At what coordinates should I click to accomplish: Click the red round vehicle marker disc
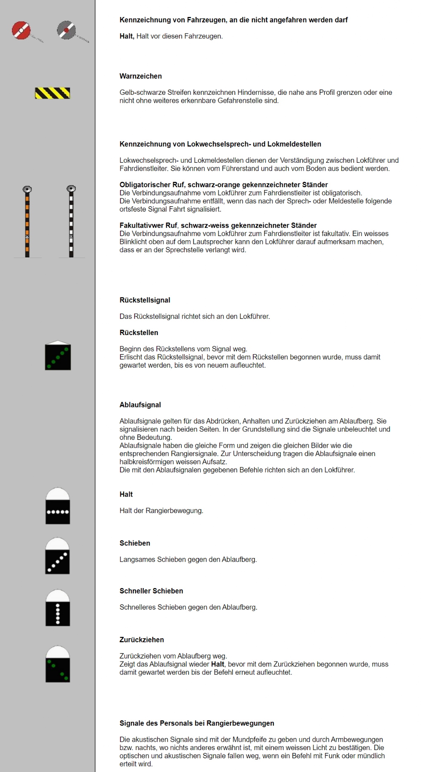click(21, 30)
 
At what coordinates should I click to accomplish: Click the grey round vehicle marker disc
click(66, 30)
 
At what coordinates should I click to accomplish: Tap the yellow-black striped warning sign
click(52, 93)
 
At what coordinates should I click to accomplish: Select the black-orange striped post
click(27, 222)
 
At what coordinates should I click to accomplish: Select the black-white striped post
click(71, 222)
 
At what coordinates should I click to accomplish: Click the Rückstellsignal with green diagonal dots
click(58, 356)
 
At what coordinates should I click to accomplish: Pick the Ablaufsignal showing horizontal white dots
click(57, 507)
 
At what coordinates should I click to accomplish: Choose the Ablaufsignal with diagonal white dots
click(57, 556)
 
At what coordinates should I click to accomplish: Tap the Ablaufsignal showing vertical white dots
click(57, 608)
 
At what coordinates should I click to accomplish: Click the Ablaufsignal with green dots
click(57, 664)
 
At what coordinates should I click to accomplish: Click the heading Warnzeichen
click(141, 76)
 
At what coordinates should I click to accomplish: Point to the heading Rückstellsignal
click(145, 300)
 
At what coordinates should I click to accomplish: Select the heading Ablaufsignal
click(140, 405)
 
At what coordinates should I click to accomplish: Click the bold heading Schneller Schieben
click(151, 591)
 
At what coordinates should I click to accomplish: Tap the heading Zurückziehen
click(142, 640)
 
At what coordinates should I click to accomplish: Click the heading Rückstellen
click(139, 333)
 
